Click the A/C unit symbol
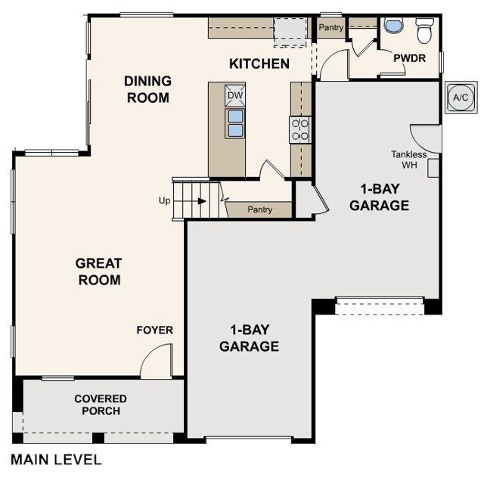click(461, 98)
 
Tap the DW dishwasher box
click(235, 95)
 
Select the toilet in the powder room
click(424, 30)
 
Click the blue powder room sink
click(394, 26)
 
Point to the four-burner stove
click(300, 129)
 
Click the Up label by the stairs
click(164, 200)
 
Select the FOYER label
click(154, 330)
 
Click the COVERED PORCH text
click(101, 405)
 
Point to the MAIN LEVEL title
click(56, 460)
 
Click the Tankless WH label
click(409, 160)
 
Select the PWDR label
click(410, 58)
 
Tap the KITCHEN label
click(259, 64)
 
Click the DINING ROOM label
click(148, 89)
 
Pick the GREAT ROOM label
click(99, 271)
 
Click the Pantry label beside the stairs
click(260, 209)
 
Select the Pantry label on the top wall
click(331, 27)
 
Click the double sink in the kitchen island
click(235, 123)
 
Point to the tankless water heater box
click(433, 168)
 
